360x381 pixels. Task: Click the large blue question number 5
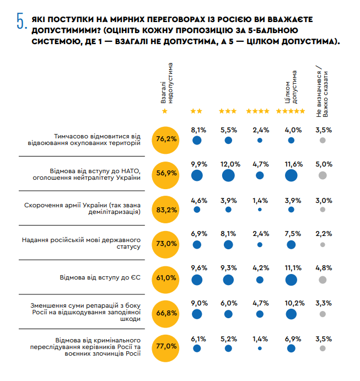coord(21,21)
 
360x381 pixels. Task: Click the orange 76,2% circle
coord(165,139)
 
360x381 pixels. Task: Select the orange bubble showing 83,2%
coord(165,209)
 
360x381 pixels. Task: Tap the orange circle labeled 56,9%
coord(165,174)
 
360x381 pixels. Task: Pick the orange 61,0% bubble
coord(165,277)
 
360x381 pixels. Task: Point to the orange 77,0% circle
coord(165,347)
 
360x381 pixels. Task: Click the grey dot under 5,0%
coord(323,175)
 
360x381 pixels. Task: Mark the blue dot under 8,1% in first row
coord(197,141)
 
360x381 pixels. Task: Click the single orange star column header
coord(164,111)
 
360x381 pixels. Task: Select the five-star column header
coord(291,111)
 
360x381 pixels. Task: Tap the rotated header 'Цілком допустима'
coord(291,88)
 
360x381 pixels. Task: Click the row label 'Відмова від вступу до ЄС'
coord(100,277)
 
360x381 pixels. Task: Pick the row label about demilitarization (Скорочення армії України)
coord(83,209)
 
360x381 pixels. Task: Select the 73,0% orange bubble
coord(165,243)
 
